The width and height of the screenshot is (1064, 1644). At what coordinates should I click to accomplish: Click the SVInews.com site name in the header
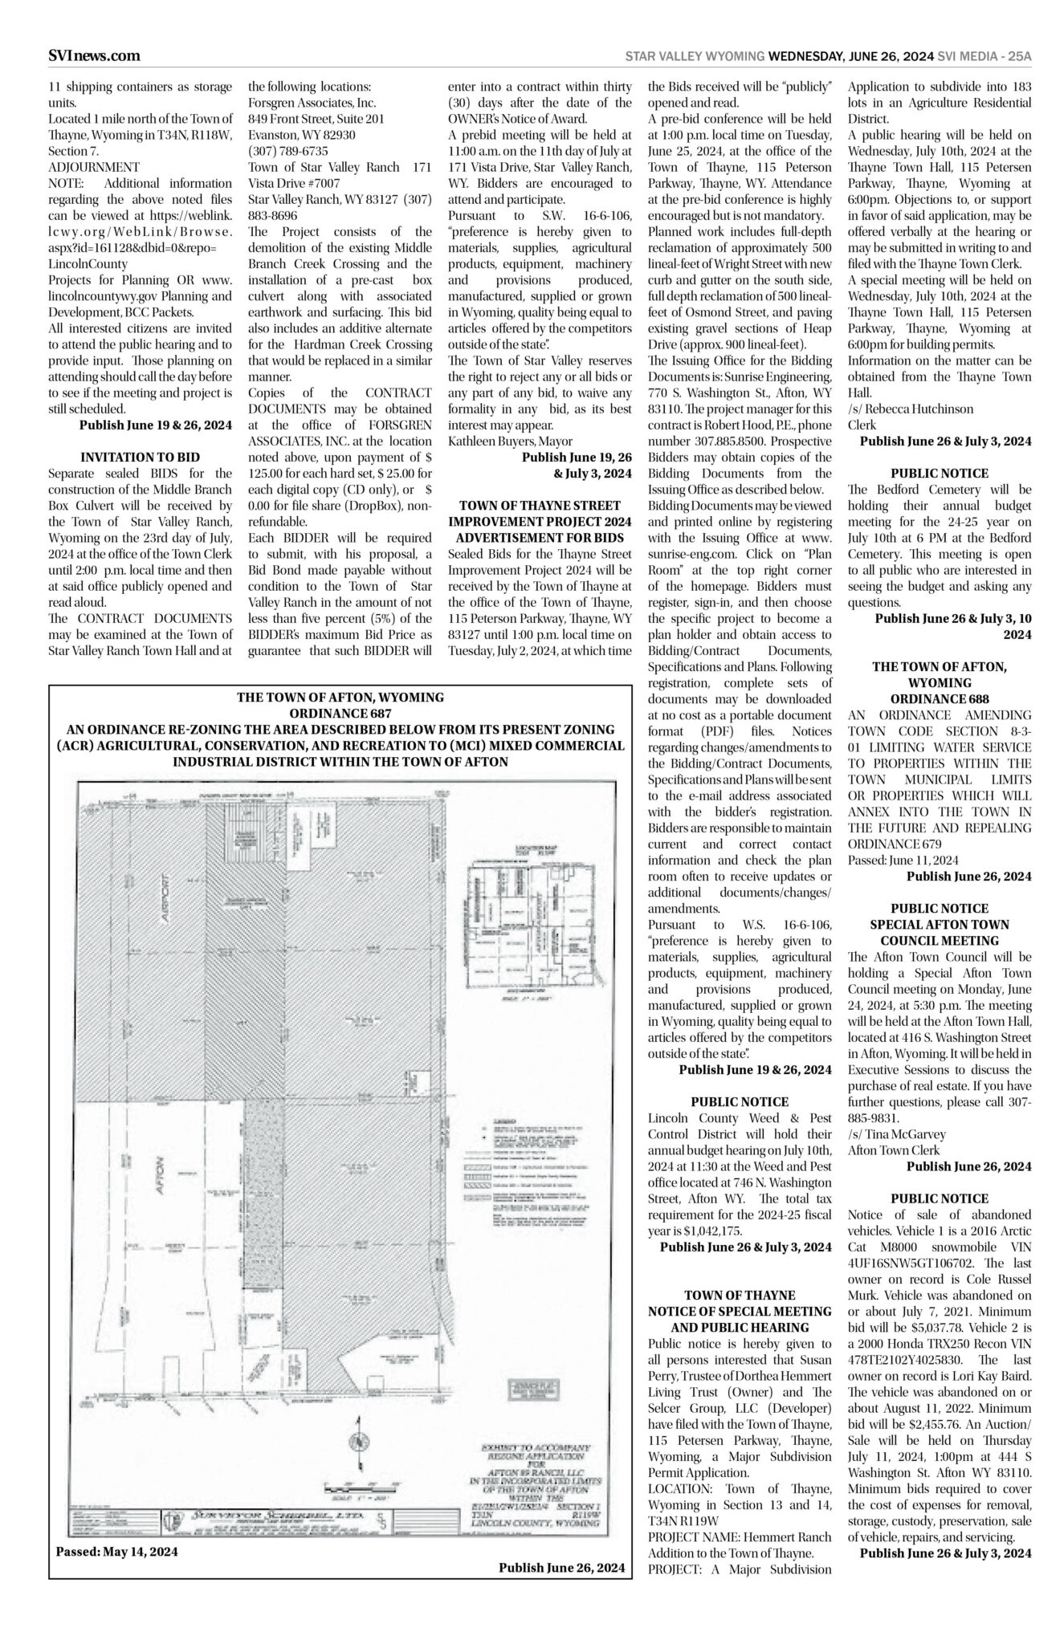point(94,55)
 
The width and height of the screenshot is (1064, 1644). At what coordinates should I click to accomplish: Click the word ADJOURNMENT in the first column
point(94,167)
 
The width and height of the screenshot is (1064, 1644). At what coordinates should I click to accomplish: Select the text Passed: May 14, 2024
point(116,1551)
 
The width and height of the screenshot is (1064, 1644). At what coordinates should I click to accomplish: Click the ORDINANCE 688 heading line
point(940,698)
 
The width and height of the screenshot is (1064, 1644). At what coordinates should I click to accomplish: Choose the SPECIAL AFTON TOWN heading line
point(940,924)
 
